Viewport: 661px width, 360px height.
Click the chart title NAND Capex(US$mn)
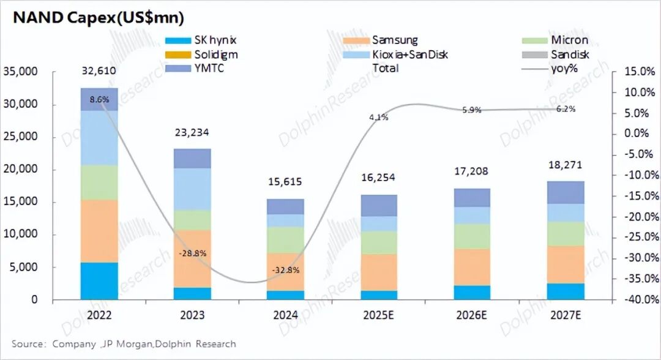[x=98, y=18]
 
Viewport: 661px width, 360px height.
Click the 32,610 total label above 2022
[x=99, y=71]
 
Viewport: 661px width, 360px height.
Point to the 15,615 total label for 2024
[x=285, y=182]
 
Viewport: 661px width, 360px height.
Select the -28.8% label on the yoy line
[x=192, y=253]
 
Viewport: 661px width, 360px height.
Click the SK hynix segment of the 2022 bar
[x=99, y=281]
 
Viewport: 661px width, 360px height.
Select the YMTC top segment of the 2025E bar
[x=378, y=206]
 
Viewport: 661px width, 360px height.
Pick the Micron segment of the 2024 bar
[x=285, y=240]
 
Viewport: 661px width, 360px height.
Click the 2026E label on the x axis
[x=471, y=315]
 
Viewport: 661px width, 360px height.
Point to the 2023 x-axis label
[x=192, y=315]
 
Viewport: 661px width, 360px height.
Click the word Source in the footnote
[x=28, y=344]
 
